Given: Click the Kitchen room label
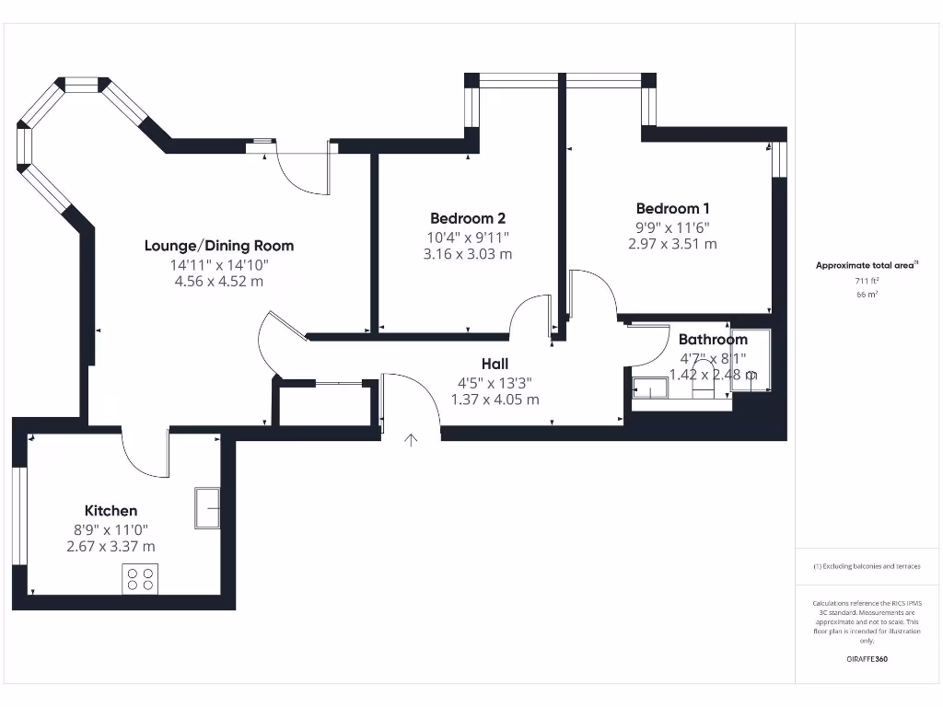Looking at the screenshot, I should coord(111,511).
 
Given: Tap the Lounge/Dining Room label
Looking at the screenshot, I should coord(219,246).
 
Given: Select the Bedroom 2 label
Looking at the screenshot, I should coord(468,218).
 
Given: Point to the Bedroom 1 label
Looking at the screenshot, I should coord(672,209).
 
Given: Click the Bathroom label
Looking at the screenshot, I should coord(713,340).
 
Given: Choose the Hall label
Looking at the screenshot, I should coord(495,365).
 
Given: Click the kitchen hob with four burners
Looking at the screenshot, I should coord(140,578).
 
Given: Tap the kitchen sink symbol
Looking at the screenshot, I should coord(207,507).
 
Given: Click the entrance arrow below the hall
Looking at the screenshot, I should coord(411,440).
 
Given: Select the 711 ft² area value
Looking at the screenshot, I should coord(866,281).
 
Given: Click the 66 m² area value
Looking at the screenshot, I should coord(866,295).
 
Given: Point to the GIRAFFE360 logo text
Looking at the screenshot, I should coord(866,659).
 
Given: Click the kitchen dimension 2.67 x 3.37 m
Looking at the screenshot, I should coord(111,546).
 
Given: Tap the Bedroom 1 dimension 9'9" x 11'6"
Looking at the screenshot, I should coord(672,227).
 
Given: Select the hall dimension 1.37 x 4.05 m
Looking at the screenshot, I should coord(495,400).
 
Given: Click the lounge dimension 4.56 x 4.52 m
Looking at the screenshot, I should coord(219,281).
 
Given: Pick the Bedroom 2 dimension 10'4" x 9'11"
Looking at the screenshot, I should coord(468,237).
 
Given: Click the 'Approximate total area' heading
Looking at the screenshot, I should coord(866,265).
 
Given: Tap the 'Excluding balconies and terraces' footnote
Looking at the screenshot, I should coord(866,566).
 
